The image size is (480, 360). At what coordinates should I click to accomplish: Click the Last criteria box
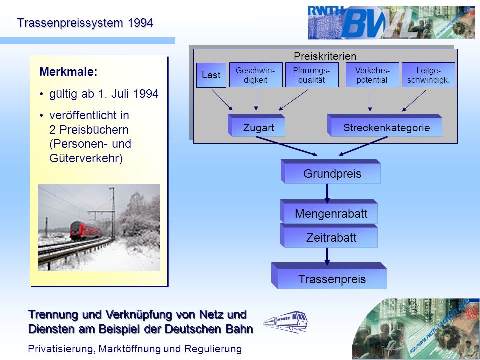pos(211,75)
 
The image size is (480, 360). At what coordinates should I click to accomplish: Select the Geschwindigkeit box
pos(256,75)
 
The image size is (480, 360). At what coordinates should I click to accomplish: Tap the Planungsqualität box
pos(312,75)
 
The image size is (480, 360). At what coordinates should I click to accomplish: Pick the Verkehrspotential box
pos(372,75)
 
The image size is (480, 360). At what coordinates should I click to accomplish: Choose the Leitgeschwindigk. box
pos(428,75)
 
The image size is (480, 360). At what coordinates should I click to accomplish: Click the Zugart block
pos(257,125)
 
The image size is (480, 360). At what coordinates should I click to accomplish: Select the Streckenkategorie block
pos(385,125)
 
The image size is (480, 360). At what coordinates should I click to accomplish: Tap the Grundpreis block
pos(331,171)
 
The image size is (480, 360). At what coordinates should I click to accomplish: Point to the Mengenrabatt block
pos(329,212)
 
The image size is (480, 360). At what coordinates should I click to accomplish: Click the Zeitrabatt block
pos(329,235)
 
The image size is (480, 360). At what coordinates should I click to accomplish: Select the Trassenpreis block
pos(329,276)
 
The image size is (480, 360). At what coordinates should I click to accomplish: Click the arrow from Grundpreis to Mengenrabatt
pos(327,193)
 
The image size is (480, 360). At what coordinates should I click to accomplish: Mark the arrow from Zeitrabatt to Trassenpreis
pos(327,256)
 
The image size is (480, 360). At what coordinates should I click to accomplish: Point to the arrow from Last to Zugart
pos(222,100)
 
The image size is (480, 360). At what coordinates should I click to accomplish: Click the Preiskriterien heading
pos(325,56)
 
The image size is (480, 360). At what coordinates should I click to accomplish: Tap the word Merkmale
pos(68,72)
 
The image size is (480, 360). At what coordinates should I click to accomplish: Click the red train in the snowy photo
pos(85,231)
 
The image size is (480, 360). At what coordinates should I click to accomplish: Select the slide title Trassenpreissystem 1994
pos(85,23)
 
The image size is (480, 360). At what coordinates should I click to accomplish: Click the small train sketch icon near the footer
pos(285,321)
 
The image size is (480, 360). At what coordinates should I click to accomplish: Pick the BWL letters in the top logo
pos(379,23)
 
